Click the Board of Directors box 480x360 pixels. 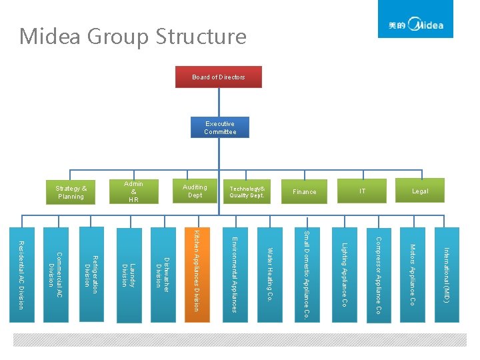(218, 77)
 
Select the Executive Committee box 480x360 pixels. (220, 128)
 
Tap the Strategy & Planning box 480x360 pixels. (71, 193)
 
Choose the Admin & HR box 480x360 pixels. (133, 192)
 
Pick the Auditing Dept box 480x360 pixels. (195, 191)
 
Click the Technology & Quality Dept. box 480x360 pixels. (247, 192)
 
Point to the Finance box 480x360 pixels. (305, 192)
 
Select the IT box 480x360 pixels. (362, 191)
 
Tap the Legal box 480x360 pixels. (420, 191)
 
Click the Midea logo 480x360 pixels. (415, 25)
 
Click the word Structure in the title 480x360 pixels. (201, 36)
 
